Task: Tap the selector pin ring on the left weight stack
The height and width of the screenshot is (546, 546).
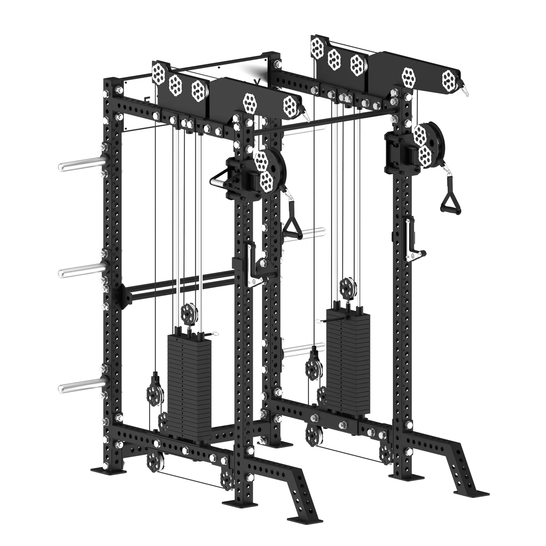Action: [215, 334]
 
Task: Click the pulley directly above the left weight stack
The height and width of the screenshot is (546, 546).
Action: [189, 312]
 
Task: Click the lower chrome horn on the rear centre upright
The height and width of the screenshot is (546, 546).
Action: [304, 351]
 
